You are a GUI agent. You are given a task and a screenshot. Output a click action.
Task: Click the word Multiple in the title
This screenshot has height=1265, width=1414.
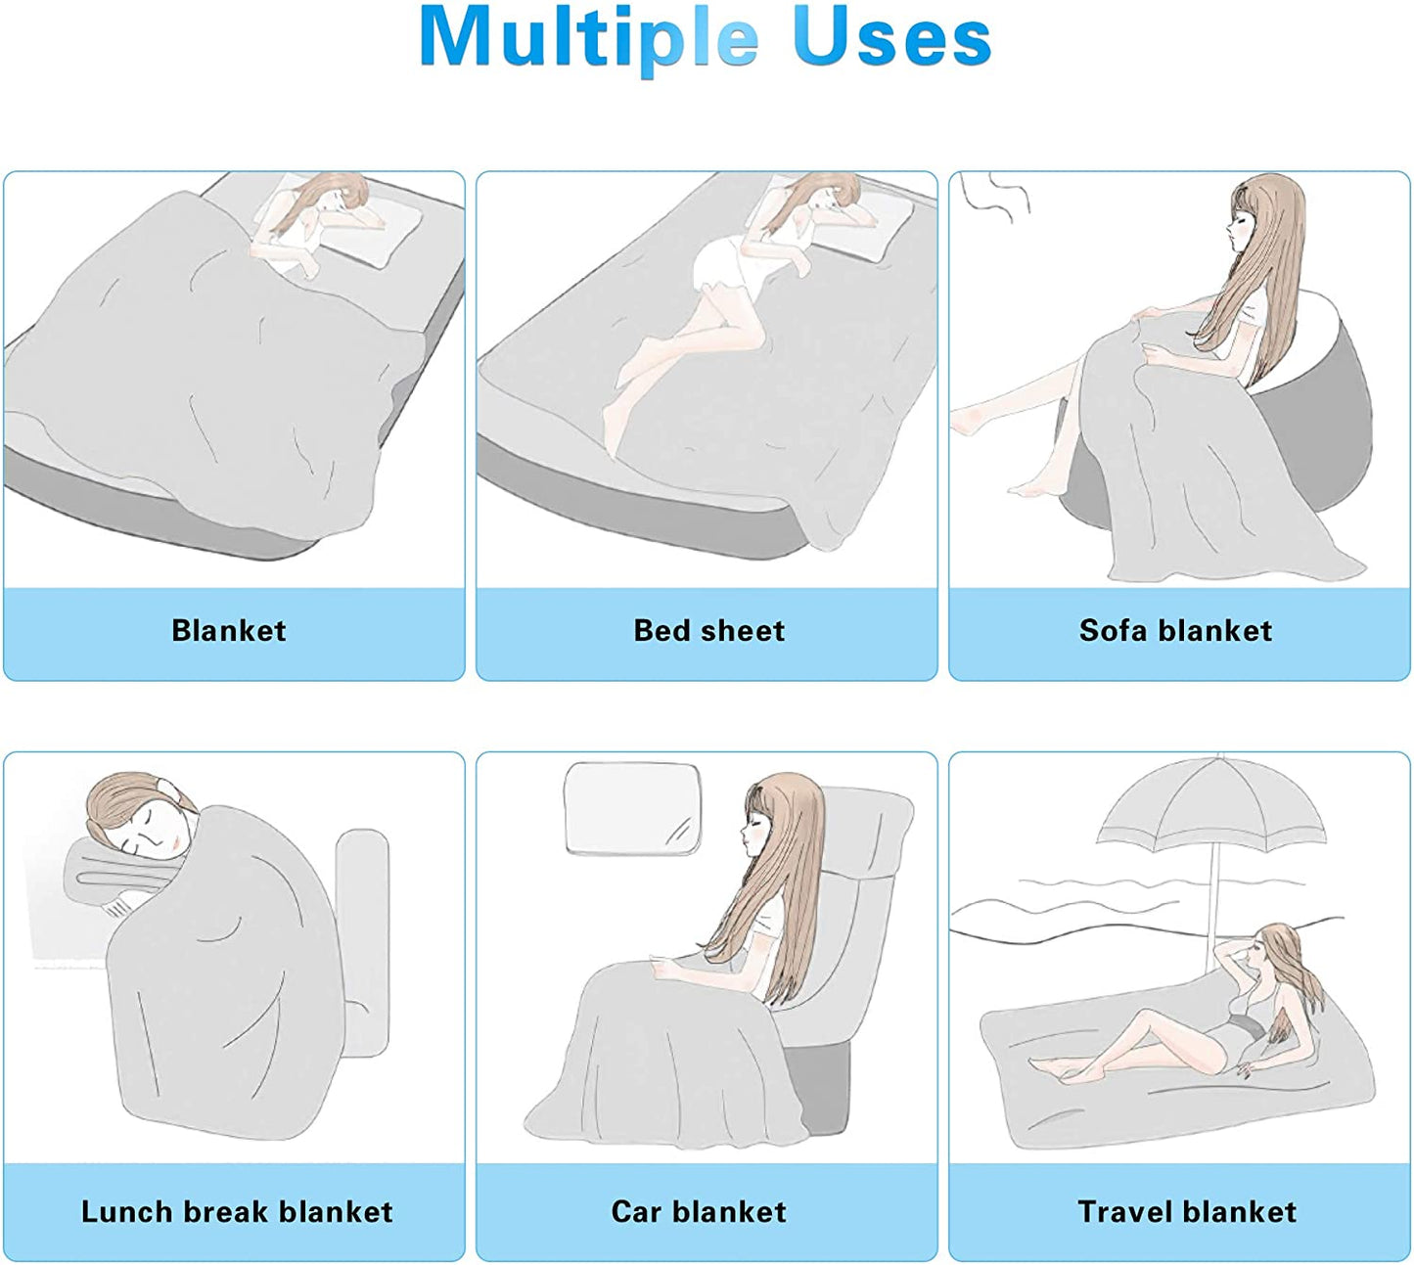[x=588, y=40]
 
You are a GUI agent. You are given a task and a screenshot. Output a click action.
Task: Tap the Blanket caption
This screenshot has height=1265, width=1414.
[x=228, y=631]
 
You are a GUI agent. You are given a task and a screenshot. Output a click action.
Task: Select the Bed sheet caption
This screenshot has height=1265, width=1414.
[x=708, y=631]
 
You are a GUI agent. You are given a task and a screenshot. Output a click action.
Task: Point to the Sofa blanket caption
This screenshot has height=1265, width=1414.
[x=1175, y=631]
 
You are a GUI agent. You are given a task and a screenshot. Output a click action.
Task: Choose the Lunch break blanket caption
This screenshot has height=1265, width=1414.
[x=237, y=1212]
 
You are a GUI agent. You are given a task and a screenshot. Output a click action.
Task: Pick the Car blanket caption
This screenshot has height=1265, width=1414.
[x=699, y=1212]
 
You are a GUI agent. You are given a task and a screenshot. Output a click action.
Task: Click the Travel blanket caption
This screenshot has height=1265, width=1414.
[x=1187, y=1212]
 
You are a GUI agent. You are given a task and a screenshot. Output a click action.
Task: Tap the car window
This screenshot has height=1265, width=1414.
[x=632, y=809]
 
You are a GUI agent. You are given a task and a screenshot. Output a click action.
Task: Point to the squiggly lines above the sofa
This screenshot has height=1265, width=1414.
[x=994, y=197]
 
